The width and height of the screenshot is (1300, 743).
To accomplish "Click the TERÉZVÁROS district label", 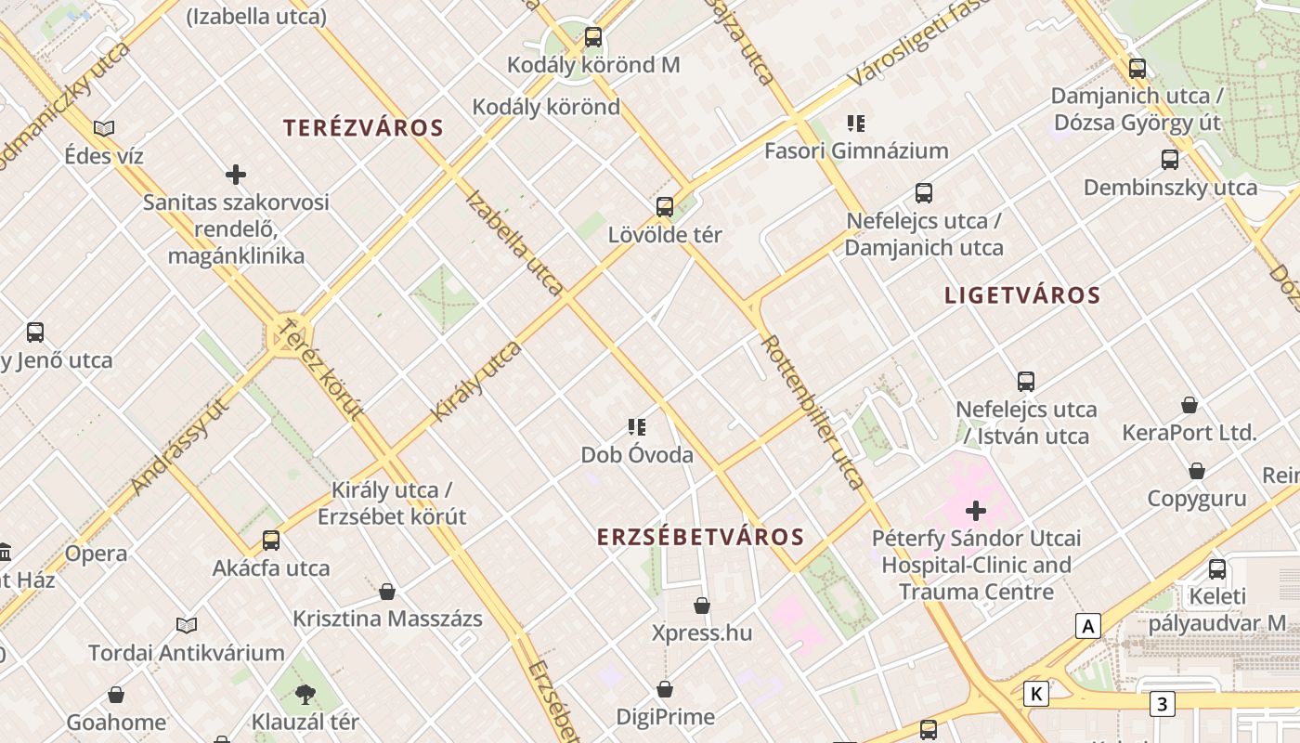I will coord(363,128).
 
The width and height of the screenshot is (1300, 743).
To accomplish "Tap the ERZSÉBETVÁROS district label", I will coord(700,537).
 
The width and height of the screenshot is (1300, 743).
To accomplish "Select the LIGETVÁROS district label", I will coord(1021,295).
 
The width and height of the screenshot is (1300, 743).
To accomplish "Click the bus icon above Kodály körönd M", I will coord(593,37).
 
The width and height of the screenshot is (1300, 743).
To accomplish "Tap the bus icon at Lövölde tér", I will coord(665,206).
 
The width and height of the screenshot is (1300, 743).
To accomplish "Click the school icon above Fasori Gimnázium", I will coord(856,123).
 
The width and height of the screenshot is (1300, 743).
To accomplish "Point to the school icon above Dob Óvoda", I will coord(637,427).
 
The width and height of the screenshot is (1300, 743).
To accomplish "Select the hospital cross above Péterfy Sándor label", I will coord(976,510).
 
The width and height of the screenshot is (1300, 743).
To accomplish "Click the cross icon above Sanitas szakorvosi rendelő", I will coord(236,174).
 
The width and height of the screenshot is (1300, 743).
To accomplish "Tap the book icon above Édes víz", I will coord(104,128).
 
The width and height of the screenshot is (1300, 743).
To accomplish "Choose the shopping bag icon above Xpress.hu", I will coord(702,606).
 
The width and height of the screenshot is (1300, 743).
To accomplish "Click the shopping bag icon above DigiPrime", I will coord(665,689).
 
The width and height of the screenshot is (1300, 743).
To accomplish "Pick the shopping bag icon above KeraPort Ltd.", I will coord(1189,405).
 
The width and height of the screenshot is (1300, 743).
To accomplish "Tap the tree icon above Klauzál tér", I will coord(305,694).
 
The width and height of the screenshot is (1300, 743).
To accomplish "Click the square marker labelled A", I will coord(1087,626).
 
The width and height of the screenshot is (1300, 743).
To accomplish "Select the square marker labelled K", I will coord(1036,693).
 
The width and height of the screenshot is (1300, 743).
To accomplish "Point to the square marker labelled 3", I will coord(1161,704).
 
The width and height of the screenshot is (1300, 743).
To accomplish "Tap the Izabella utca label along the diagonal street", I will coord(513,242).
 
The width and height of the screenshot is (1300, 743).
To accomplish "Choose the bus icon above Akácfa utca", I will coord(271,540).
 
